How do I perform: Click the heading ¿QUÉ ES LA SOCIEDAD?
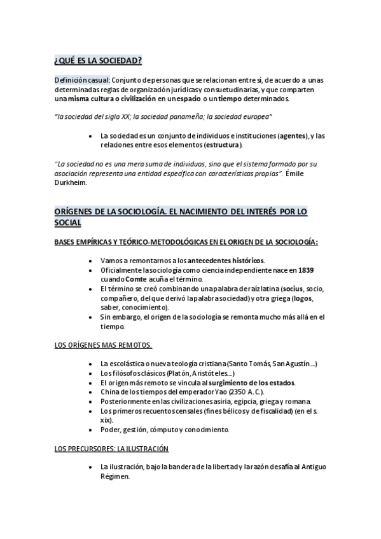click(x=98, y=60)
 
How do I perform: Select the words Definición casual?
click(x=82, y=79)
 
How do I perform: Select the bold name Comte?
click(x=135, y=278)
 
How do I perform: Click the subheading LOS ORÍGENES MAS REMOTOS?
click(x=103, y=345)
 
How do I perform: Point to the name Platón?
click(x=160, y=372)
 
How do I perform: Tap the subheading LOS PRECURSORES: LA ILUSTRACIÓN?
click(x=111, y=449)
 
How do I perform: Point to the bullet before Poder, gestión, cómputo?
click(x=93, y=430)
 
